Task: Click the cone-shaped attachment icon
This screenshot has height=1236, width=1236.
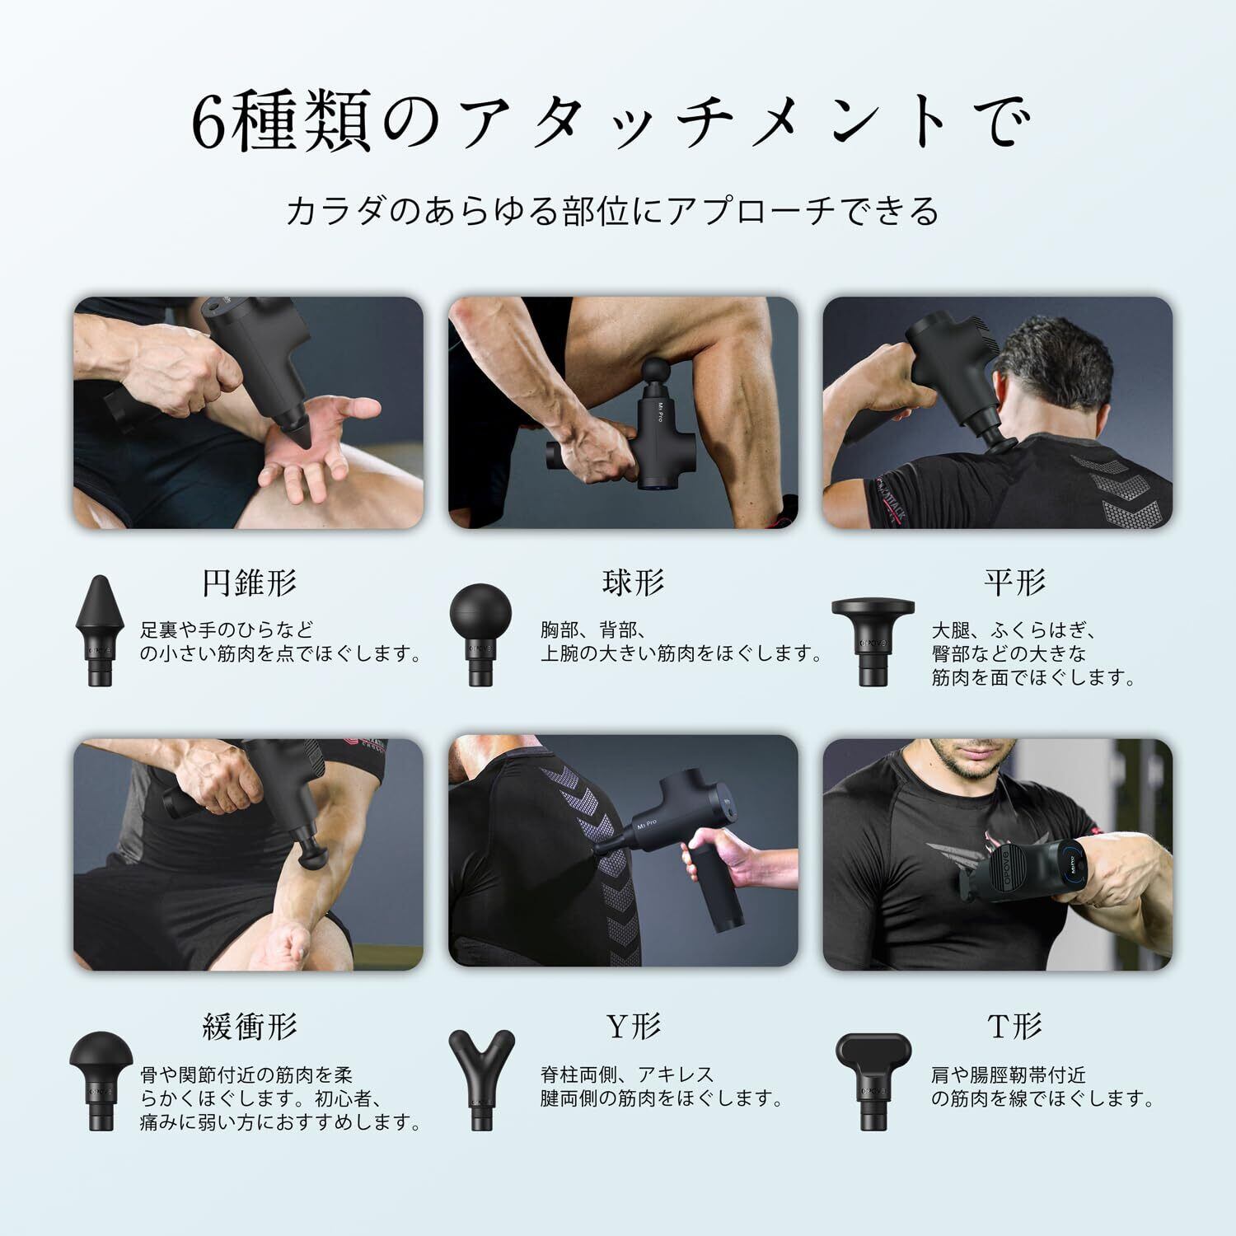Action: [99, 630]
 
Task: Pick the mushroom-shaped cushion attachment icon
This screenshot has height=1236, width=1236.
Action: [99, 1080]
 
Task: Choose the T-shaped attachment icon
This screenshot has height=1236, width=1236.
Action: [873, 1080]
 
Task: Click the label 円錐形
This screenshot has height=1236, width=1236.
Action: [249, 583]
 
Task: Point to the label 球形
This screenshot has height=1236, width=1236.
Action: [633, 583]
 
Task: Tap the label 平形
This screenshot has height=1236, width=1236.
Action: [1014, 583]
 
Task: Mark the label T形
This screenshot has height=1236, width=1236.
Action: [1014, 1026]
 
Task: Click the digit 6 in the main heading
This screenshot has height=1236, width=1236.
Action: [208, 122]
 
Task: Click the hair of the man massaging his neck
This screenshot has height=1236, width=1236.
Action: [1042, 350]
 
